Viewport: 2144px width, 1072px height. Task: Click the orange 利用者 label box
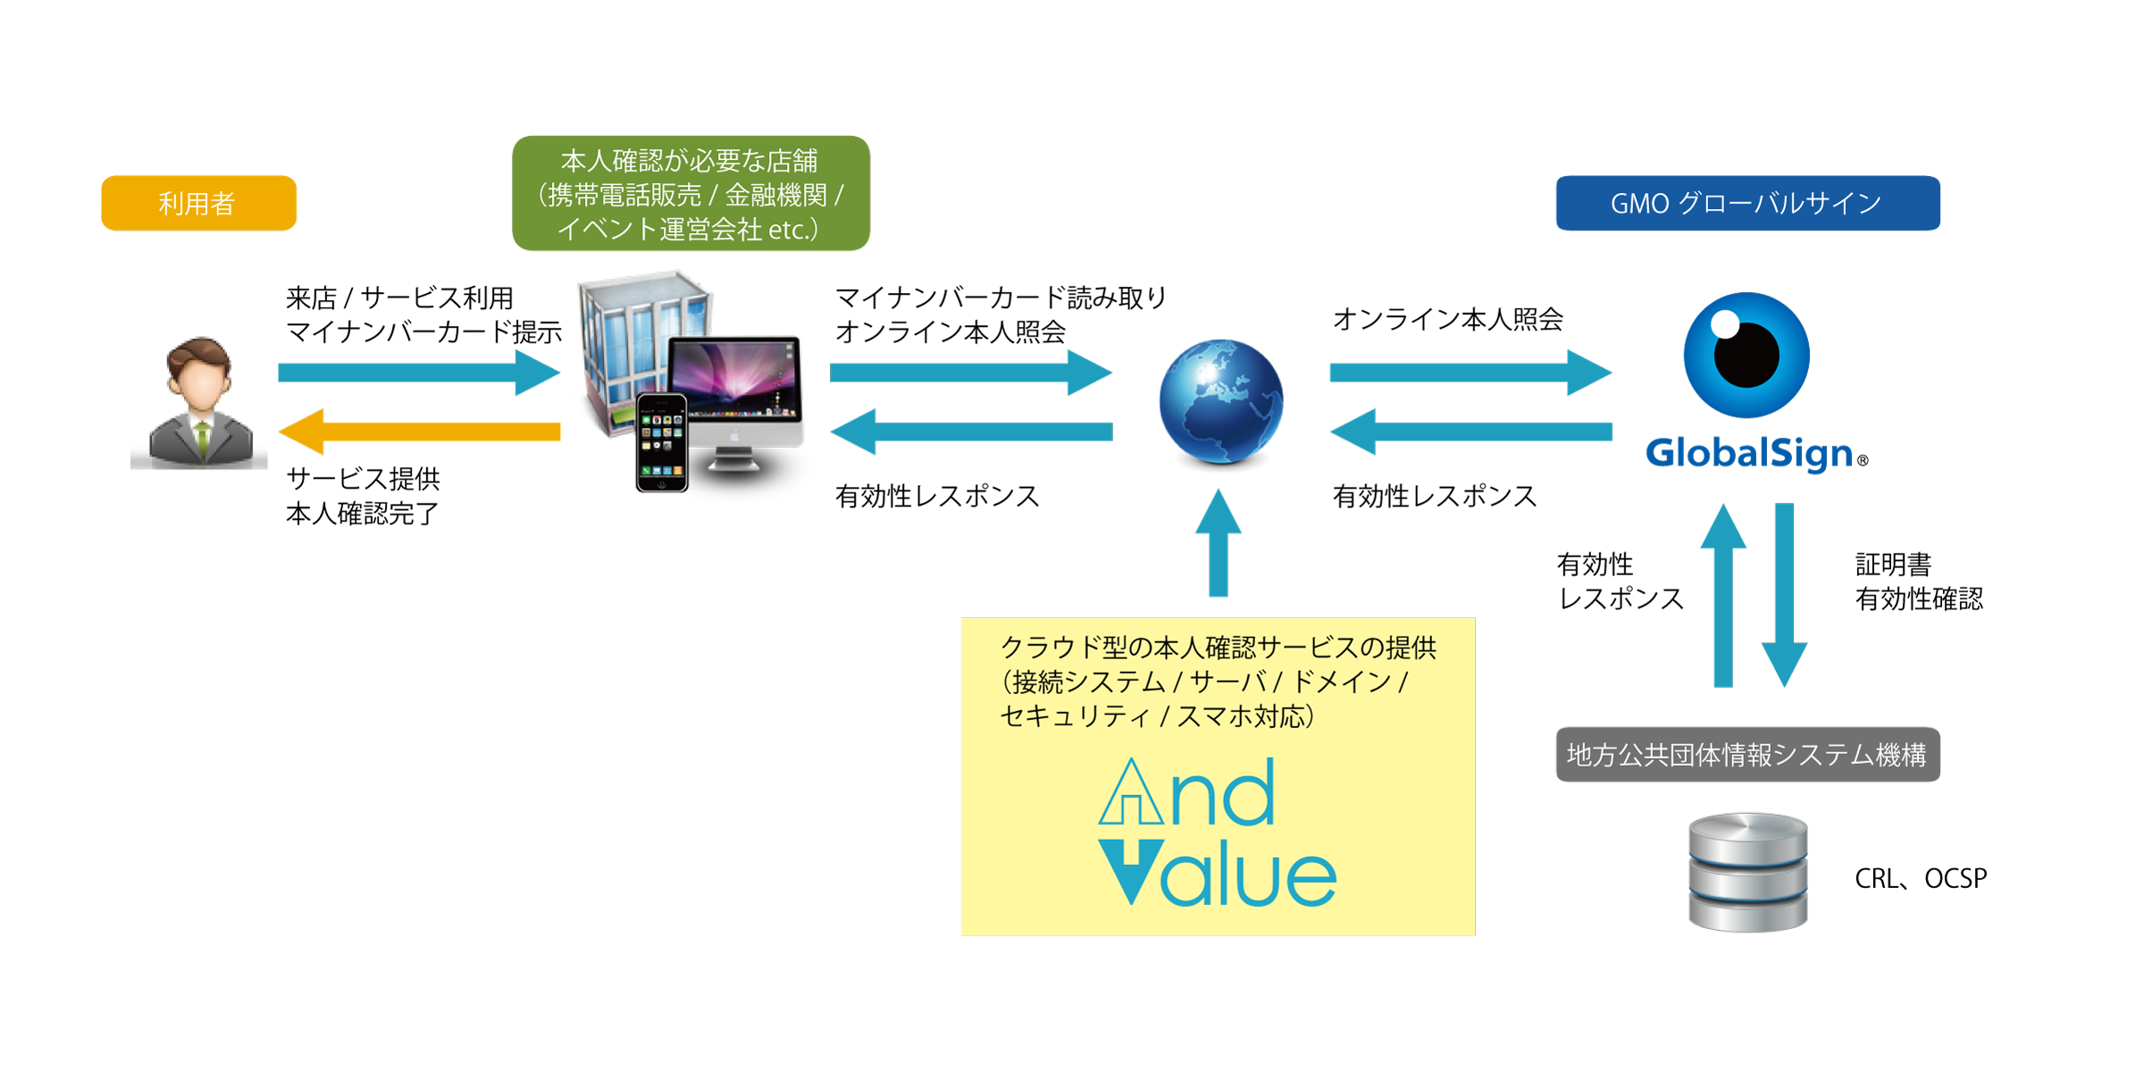point(198,203)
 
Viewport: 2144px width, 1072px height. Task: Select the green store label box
point(691,193)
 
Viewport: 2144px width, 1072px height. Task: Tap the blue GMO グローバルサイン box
point(1747,203)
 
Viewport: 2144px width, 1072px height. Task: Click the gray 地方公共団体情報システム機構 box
point(1747,754)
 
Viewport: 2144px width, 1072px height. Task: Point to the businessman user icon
point(199,402)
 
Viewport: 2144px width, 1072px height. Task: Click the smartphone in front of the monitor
point(662,442)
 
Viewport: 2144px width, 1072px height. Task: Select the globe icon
point(1220,402)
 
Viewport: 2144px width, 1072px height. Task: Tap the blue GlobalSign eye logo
point(1746,355)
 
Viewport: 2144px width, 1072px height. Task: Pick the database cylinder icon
point(1747,872)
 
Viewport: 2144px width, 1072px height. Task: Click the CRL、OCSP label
point(1921,879)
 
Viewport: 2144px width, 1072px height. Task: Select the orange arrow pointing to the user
point(419,431)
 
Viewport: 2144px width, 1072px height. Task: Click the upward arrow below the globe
point(1219,542)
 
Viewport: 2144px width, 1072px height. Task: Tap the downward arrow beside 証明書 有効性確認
point(1784,595)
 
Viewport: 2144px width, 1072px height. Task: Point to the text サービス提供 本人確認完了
point(363,496)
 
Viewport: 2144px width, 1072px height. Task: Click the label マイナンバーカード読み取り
point(1001,297)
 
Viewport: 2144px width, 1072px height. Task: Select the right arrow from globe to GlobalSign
point(1470,373)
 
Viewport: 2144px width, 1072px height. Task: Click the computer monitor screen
point(734,379)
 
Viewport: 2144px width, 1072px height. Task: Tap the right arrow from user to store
point(419,373)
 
